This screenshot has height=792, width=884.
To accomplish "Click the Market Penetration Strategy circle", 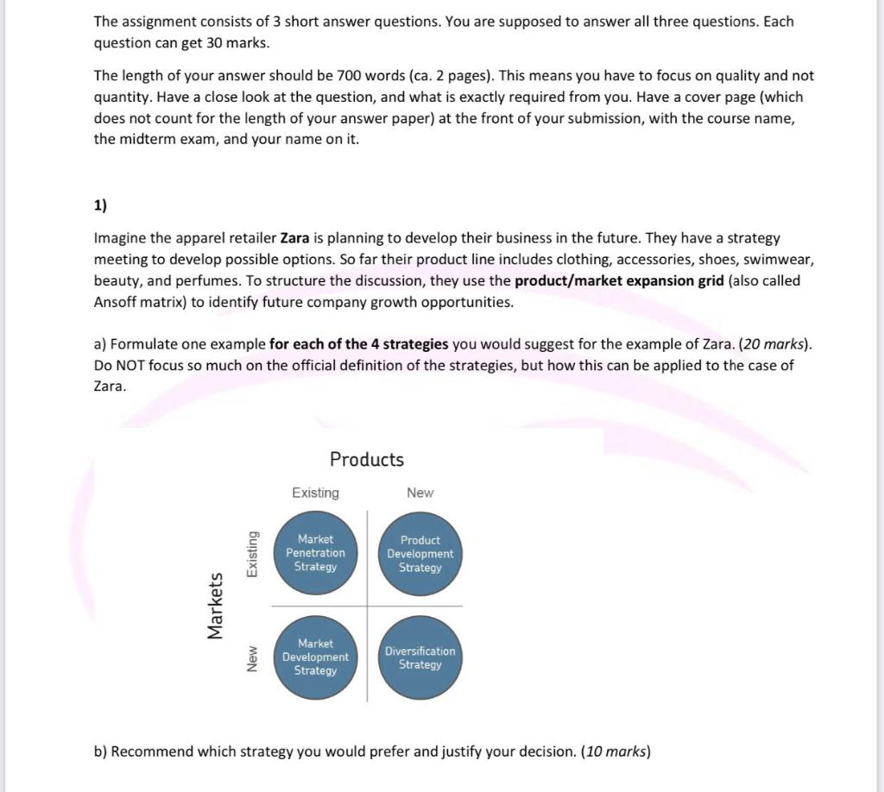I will [x=315, y=553].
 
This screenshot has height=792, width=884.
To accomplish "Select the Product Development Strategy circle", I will [x=420, y=553].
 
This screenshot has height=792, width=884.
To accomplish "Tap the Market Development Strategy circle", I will [x=315, y=657].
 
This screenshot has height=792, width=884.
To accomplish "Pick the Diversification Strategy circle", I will [x=420, y=657].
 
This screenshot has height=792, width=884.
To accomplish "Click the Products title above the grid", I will [x=367, y=459].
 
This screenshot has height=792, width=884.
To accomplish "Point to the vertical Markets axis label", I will [x=215, y=606].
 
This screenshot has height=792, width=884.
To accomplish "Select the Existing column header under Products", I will [x=315, y=493].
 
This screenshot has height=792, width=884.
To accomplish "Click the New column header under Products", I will [x=420, y=493].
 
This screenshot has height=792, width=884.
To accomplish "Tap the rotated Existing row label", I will [x=252, y=554].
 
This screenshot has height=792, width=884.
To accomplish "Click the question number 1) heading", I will [x=101, y=205].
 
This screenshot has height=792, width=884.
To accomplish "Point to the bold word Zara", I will [x=295, y=237].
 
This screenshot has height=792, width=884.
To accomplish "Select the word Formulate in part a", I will [x=142, y=344].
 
